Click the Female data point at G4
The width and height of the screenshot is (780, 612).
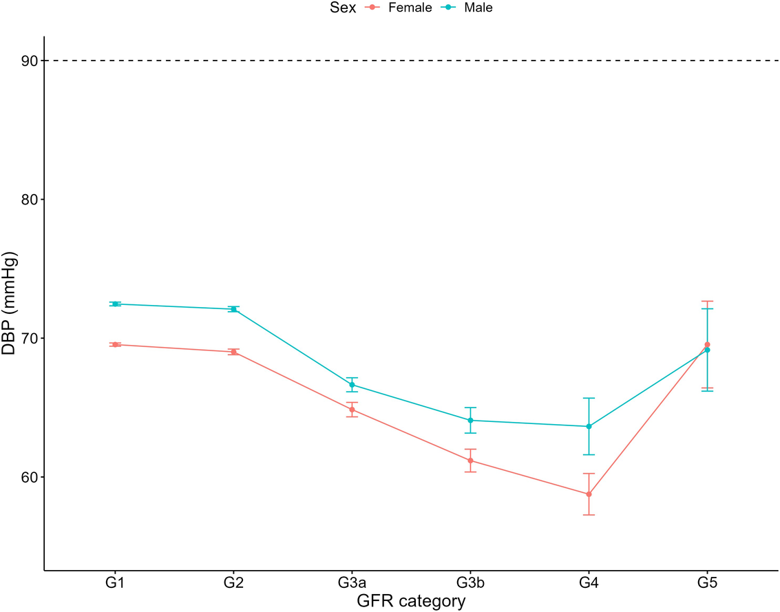[589, 494]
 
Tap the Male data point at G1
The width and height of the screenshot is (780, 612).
[116, 304]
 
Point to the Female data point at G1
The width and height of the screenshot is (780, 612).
[116, 344]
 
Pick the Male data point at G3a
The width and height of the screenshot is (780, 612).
[352, 385]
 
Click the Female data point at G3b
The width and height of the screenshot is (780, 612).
[470, 461]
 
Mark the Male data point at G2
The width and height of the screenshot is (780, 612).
[233, 309]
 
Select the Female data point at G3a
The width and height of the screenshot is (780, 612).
[352, 410]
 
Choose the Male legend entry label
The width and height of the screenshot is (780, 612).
[478, 8]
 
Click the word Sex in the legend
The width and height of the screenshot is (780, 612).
[343, 8]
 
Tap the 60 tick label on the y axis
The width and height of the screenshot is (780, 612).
[29, 477]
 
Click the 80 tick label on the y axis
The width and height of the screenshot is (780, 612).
[29, 200]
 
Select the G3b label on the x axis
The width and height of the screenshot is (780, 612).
[470, 583]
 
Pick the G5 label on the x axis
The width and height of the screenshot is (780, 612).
[707, 583]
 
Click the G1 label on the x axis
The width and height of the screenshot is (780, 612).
[116, 583]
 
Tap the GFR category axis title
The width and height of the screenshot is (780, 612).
[411, 601]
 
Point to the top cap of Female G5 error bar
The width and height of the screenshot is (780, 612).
[707, 302]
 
